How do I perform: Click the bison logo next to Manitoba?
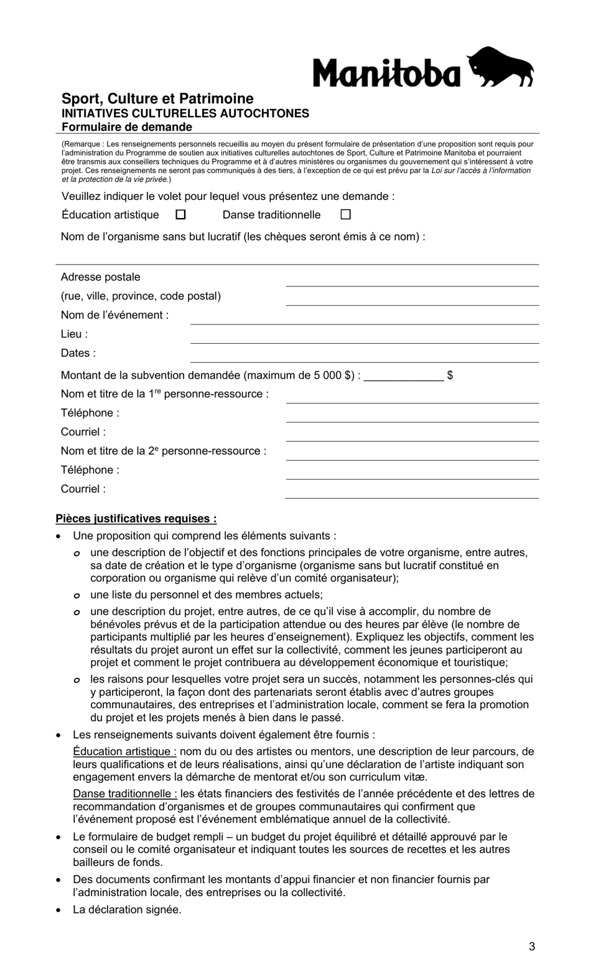[500, 67]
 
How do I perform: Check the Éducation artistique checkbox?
[180, 214]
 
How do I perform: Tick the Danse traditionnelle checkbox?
[346, 214]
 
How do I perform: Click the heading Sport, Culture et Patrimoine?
[157, 98]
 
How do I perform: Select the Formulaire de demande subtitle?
[127, 127]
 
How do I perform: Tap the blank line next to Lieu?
[364, 338]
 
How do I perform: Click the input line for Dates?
[364, 357]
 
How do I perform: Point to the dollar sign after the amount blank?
[450, 376]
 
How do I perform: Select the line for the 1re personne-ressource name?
[412, 398]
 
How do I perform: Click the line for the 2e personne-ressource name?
[412, 455]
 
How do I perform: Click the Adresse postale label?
[101, 277]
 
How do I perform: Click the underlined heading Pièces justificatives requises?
[136, 519]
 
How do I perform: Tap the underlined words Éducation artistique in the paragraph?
[124, 752]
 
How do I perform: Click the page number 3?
[532, 947]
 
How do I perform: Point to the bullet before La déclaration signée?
[58, 910]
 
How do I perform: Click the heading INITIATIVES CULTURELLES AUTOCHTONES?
[185, 113]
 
